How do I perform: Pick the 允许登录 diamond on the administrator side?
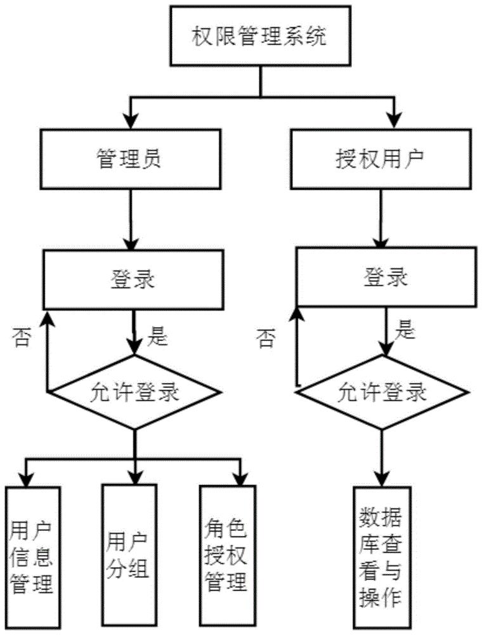pyautogui.click(x=134, y=392)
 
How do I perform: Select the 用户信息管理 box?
pyautogui.click(x=32, y=557)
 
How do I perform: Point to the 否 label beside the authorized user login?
pyautogui.click(x=267, y=339)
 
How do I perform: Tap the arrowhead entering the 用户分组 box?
pyautogui.click(x=134, y=476)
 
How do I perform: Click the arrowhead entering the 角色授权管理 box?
pyautogui.click(x=240, y=478)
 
